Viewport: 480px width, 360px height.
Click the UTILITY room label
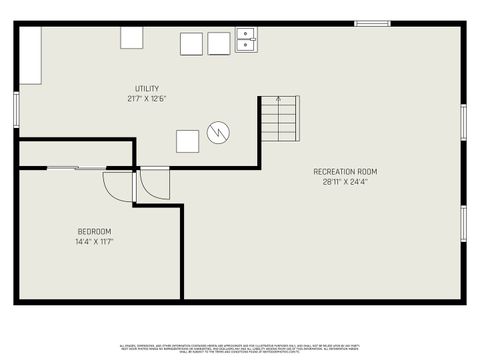point(148,89)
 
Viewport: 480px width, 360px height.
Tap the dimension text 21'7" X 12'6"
point(148,99)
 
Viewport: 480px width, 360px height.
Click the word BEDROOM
point(95,232)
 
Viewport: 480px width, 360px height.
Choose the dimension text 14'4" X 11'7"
point(95,242)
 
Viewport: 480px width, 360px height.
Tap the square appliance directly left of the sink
point(219,44)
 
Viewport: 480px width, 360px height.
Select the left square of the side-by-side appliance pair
point(192,44)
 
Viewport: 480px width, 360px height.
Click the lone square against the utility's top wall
point(133,37)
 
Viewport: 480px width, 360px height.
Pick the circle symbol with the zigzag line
point(219,131)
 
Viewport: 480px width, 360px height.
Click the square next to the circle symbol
point(187,141)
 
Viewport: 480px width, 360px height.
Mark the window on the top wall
point(373,23)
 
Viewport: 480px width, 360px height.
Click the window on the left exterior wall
point(16,110)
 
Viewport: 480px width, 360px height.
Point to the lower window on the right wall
point(463,223)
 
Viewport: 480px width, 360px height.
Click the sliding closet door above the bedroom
point(75,168)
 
